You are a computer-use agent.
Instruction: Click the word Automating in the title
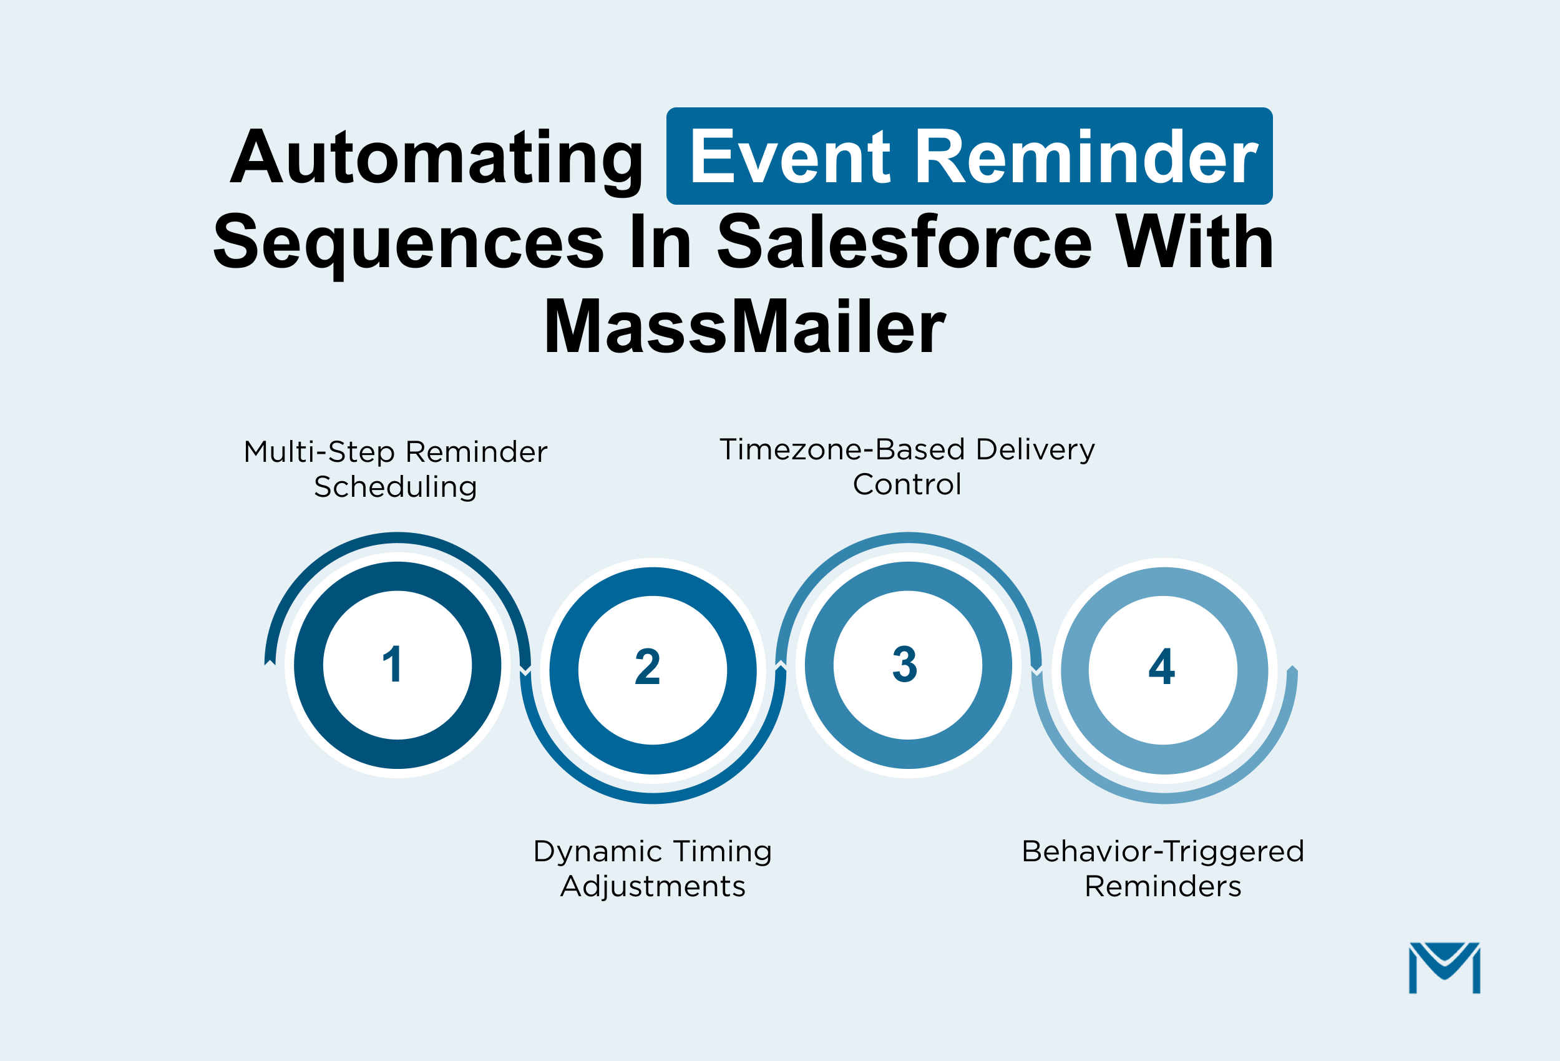436,158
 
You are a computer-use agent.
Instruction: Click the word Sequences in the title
408,243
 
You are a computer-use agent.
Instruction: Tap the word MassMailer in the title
744,327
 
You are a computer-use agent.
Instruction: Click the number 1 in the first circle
392,665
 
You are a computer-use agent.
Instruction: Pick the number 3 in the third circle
904,665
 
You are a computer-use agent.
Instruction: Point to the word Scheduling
396,487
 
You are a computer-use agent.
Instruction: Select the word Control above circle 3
907,484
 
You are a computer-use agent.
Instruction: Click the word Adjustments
653,886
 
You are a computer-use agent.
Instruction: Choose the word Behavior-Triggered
1163,851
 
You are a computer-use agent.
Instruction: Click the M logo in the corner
1444,967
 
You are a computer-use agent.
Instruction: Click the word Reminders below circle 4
1163,886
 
